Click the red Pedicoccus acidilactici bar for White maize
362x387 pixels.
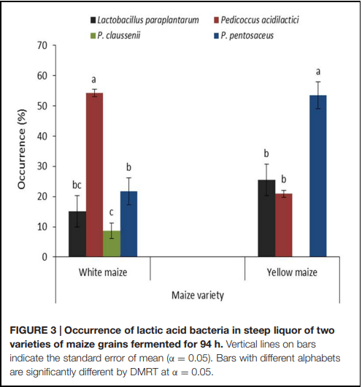coord(94,175)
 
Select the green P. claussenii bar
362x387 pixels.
coord(112,244)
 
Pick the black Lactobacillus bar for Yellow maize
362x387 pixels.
coord(266,218)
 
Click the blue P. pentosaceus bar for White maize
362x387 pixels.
coord(128,224)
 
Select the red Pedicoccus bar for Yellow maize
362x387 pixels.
coord(284,225)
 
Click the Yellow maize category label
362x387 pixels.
coord(292,272)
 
